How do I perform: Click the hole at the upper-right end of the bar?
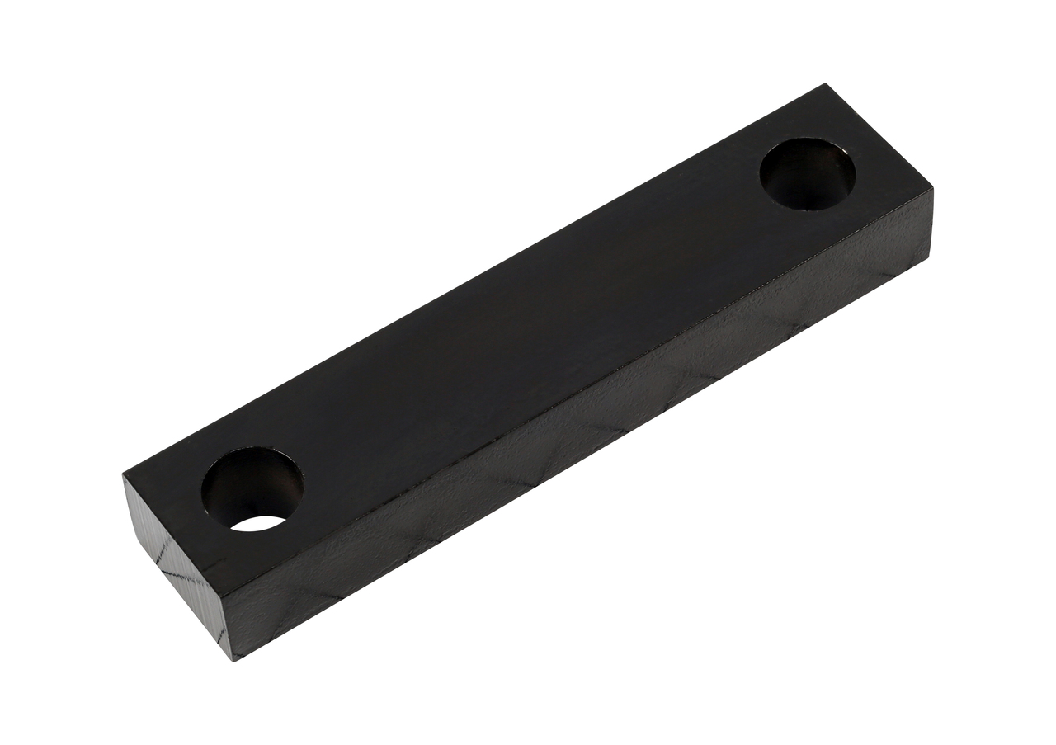807,175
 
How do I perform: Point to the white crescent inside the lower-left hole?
259,523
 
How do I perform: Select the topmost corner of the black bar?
823,85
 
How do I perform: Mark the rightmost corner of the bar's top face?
932,191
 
